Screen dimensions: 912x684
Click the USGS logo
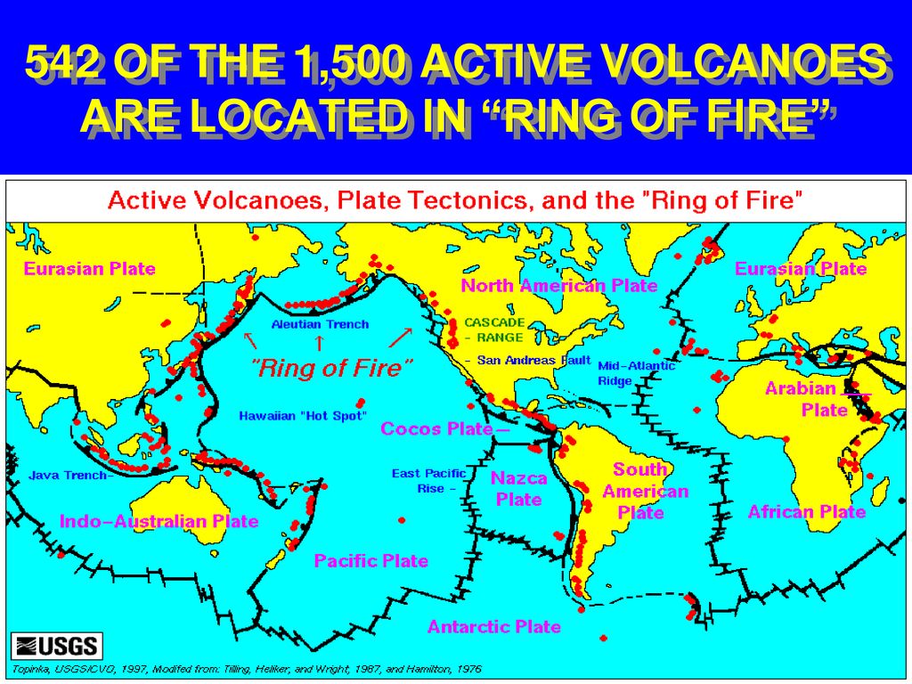[57, 646]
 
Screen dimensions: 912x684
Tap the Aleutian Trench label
[320, 324]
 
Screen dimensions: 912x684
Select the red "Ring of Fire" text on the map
[331, 368]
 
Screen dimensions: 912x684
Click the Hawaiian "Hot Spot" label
[303, 416]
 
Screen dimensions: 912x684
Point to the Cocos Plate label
[436, 428]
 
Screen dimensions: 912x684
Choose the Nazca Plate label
[519, 489]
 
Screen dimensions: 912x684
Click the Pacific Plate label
[371, 561]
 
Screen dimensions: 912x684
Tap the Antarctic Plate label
[493, 626]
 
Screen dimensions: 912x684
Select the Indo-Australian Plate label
[159, 521]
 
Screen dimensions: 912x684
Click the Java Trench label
[68, 476]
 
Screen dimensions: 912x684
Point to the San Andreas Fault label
[534, 360]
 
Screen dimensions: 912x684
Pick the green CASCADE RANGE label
[494, 330]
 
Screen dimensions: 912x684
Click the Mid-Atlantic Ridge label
[636, 373]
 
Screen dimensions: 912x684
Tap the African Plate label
[807, 512]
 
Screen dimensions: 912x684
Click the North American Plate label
[559, 286]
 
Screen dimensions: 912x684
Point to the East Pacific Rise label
[428, 481]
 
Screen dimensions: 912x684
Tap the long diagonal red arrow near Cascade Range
[401, 338]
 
